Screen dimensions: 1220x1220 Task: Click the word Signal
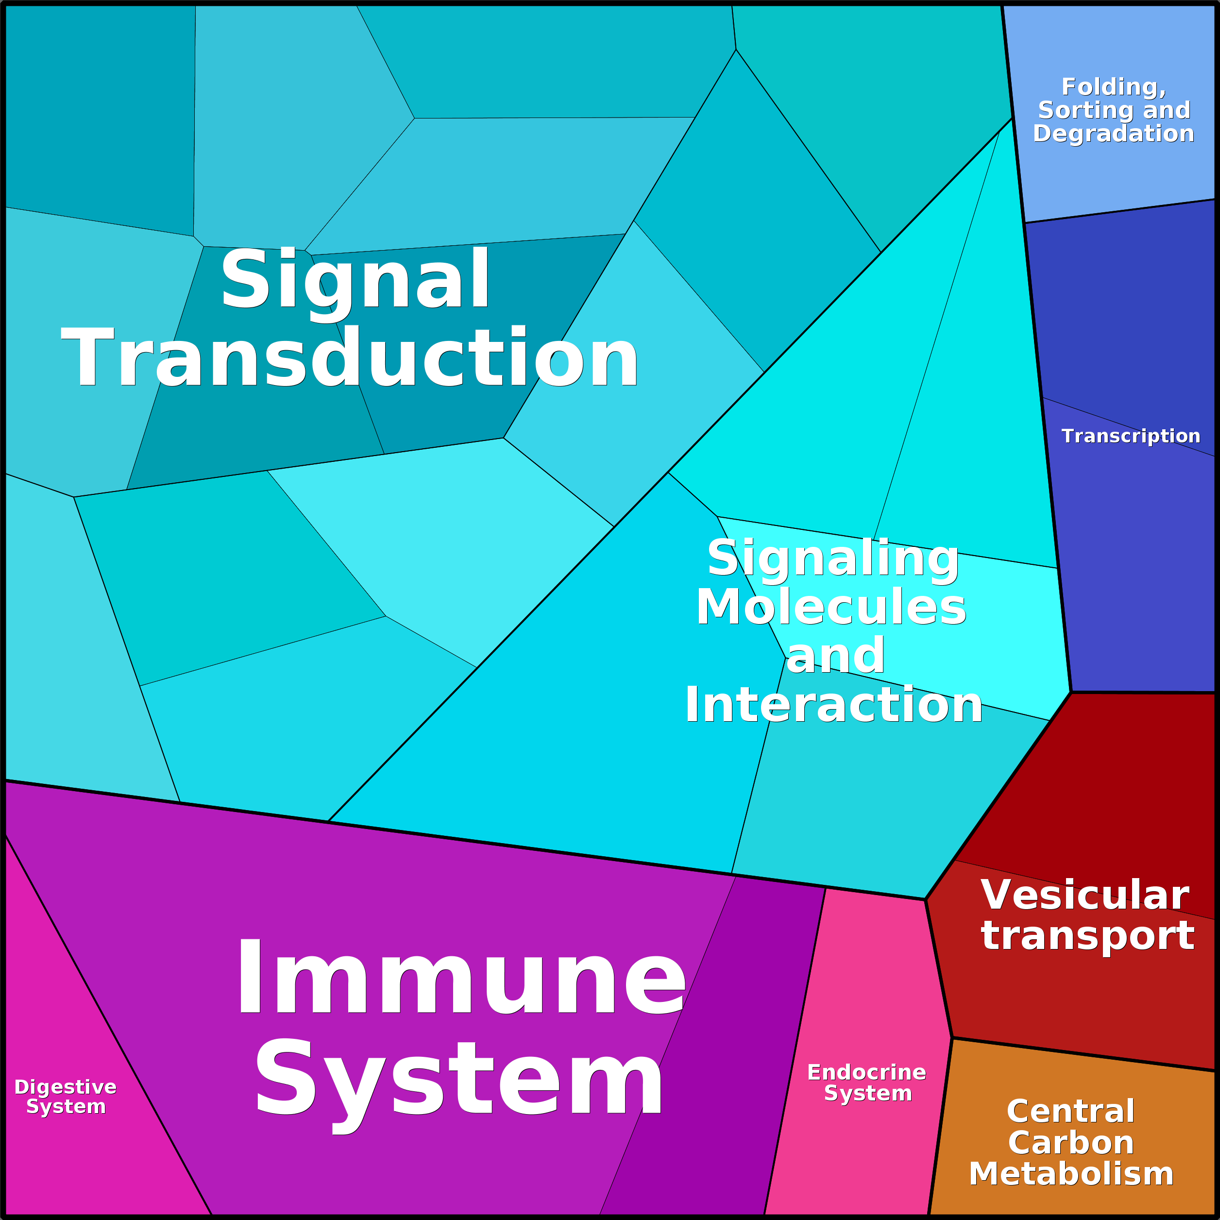(355, 280)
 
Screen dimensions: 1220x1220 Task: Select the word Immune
(460, 978)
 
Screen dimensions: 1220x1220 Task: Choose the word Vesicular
(1085, 896)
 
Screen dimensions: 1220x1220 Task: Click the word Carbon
(1071, 1142)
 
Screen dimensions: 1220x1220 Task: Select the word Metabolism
(1071, 1174)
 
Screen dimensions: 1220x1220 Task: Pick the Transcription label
(1130, 436)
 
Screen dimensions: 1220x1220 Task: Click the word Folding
(1113, 86)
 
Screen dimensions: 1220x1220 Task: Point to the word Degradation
(1113, 133)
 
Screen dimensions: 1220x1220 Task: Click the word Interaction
(833, 705)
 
